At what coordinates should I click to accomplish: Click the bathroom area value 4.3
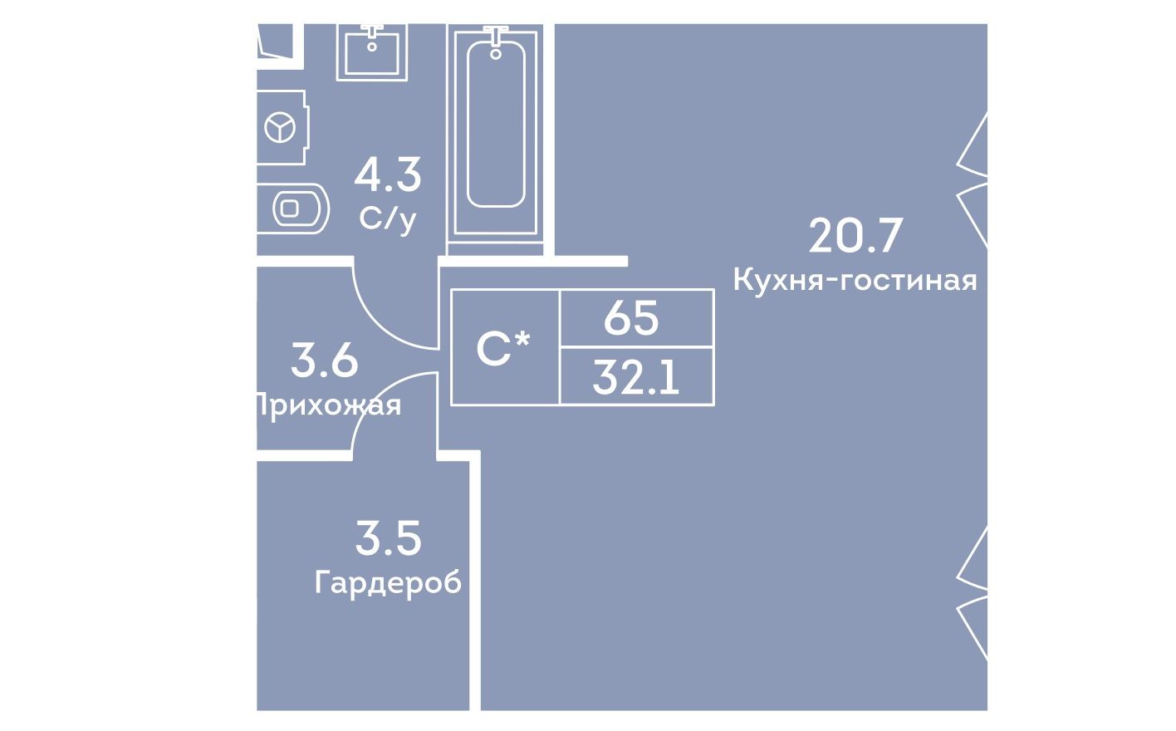coord(388,174)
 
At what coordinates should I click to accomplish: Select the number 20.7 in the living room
coord(855,236)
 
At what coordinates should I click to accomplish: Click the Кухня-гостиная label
coord(855,281)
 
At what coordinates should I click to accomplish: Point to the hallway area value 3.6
coord(325,361)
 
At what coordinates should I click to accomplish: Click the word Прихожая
coord(327,405)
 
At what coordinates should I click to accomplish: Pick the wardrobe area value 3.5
coord(388,538)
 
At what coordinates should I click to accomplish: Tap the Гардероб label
coord(388,583)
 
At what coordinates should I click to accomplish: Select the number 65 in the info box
coord(631,318)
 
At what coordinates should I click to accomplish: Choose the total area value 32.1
coord(636,379)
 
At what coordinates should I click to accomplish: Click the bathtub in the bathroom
coord(496,133)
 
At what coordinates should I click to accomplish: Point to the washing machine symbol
coord(281,128)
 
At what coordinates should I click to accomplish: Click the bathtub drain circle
coord(497,54)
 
